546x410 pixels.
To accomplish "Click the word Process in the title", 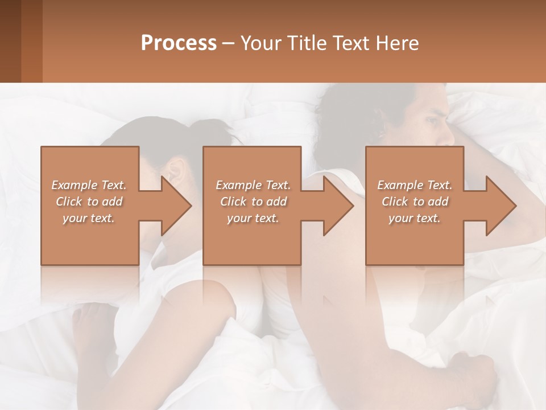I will [x=179, y=43].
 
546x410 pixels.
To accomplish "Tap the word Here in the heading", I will [x=397, y=43].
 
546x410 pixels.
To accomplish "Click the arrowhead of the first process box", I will [x=176, y=206].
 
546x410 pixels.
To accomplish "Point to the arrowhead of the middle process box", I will [x=339, y=206].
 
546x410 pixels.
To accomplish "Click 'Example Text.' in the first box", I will [x=89, y=185].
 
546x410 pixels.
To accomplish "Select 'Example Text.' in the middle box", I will [x=253, y=185].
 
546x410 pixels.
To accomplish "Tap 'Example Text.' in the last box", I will [x=415, y=185].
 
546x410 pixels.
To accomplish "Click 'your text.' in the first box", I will [x=89, y=218].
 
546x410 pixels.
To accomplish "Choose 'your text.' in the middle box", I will [x=253, y=218].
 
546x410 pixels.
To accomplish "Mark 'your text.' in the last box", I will [x=415, y=218].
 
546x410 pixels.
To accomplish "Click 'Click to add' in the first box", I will [x=89, y=202].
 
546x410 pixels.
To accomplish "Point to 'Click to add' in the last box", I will [x=415, y=202].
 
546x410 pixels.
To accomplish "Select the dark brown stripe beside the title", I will [x=10, y=41].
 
